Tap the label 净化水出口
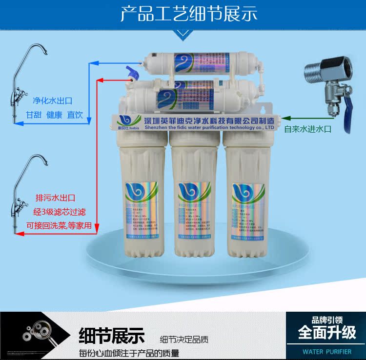click(x=52, y=101)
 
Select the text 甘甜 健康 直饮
click(x=54, y=116)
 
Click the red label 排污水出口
click(x=55, y=198)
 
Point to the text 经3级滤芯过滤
click(x=59, y=212)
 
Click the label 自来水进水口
click(x=308, y=129)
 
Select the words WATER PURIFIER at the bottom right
click(x=326, y=351)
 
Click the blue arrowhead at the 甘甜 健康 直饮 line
click(x=18, y=123)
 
